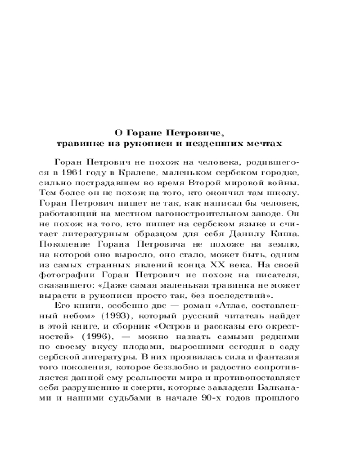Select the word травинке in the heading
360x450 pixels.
(x=78, y=144)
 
